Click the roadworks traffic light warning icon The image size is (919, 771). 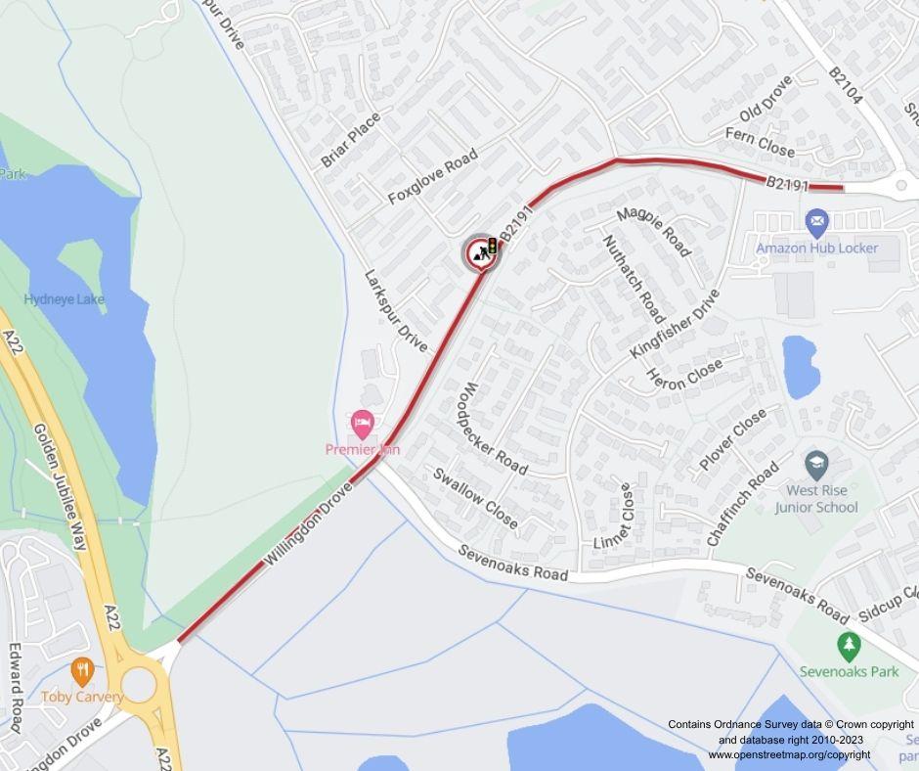[x=481, y=252]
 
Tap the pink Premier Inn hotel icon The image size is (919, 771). [x=363, y=426]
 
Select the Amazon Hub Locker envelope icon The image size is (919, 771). [x=816, y=224]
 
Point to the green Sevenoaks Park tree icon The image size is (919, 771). [x=849, y=646]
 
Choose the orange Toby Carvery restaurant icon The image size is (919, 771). [x=82, y=672]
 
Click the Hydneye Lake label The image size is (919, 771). [x=65, y=299]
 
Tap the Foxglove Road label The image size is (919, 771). [x=432, y=176]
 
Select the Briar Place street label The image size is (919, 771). [x=350, y=140]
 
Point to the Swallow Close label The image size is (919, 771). [x=475, y=498]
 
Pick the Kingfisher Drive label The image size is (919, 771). [x=675, y=323]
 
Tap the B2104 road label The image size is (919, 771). [x=846, y=86]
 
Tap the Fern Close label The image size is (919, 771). [x=760, y=143]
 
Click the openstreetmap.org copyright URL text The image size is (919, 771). [x=789, y=754]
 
